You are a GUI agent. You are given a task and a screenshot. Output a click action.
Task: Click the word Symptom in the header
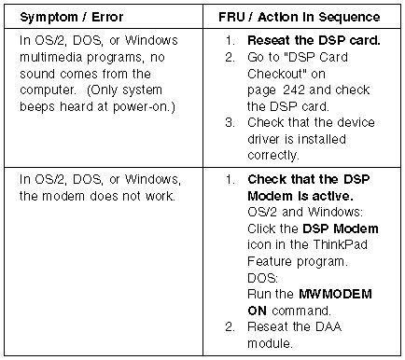pyautogui.click(x=49, y=18)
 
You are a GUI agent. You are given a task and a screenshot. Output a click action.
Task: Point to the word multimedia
pyautogui.click(x=51, y=57)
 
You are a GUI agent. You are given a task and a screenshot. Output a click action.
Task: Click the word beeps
pyautogui.click(x=38, y=106)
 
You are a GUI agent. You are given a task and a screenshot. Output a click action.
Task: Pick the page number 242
pyautogui.click(x=294, y=90)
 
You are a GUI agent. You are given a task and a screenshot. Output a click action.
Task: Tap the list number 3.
pyautogui.click(x=230, y=122)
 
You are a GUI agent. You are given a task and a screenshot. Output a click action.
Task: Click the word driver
pyautogui.click(x=263, y=139)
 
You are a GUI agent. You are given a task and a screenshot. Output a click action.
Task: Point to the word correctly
pyautogui.click(x=273, y=156)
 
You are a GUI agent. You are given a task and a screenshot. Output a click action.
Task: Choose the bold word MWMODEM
pyautogui.click(x=335, y=294)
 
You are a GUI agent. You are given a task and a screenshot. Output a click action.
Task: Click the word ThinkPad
pyautogui.click(x=340, y=244)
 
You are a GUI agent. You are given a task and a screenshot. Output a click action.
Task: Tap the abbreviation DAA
pyautogui.click(x=328, y=326)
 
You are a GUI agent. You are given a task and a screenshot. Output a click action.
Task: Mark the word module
pyautogui.click(x=270, y=343)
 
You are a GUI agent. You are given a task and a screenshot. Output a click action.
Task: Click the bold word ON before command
pyautogui.click(x=257, y=311)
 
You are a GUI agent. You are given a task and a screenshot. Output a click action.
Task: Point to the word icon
pyautogui.click(x=259, y=244)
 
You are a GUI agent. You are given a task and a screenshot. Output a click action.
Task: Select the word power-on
pyautogui.click(x=144, y=106)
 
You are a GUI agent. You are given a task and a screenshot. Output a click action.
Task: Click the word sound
pyautogui.click(x=37, y=74)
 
